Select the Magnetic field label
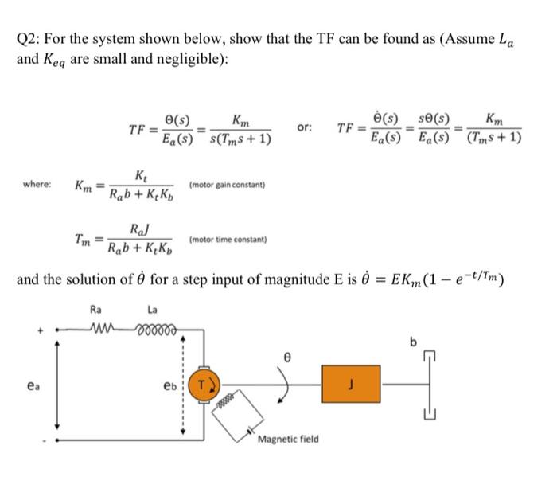(287, 439)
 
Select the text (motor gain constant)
(226, 185)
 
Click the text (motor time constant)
(228, 239)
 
